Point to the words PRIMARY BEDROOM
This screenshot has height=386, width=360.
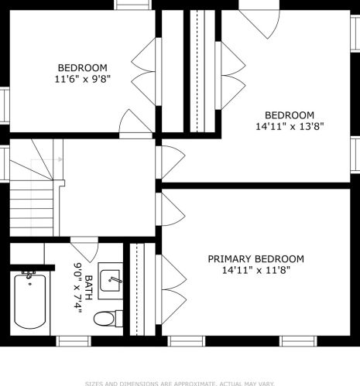[x=255, y=259]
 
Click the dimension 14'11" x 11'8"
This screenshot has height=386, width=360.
[x=255, y=271]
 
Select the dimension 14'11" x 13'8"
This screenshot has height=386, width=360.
[x=289, y=126]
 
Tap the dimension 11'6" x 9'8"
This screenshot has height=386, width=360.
[x=82, y=79]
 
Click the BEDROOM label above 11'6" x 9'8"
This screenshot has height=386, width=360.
[x=82, y=67]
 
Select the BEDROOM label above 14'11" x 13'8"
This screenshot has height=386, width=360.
[x=289, y=114]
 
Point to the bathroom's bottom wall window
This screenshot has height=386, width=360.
[x=74, y=340]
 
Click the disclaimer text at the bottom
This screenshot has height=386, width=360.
[x=180, y=382]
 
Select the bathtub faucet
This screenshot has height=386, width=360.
[x=30, y=275]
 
